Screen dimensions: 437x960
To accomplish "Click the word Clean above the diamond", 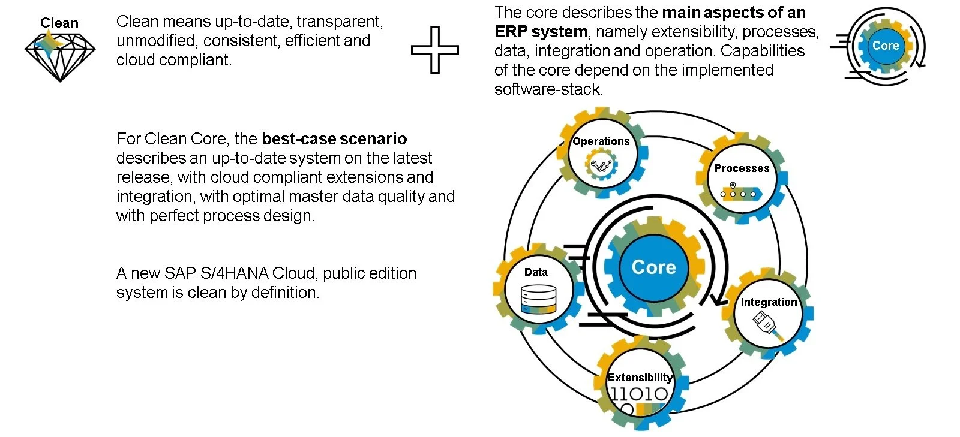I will click(x=59, y=23).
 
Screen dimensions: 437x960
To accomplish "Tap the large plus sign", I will click(x=435, y=50).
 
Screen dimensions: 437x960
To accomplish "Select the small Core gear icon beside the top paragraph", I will click(x=885, y=46).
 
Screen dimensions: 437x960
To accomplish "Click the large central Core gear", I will click(x=653, y=267).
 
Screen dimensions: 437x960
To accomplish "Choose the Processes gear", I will click(x=742, y=178).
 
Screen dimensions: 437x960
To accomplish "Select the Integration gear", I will click(x=768, y=312).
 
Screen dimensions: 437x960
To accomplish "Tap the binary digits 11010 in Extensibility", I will click(x=639, y=394).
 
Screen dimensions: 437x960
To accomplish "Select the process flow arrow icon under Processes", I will click(x=741, y=192).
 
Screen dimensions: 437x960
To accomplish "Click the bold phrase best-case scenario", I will click(x=334, y=139).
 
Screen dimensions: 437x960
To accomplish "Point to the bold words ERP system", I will click(x=533, y=32).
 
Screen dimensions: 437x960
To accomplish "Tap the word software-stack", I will click(x=548, y=89).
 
